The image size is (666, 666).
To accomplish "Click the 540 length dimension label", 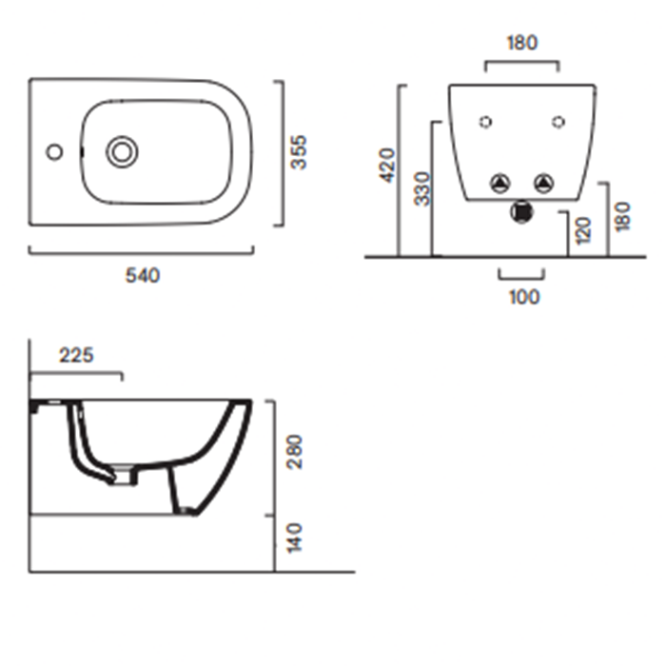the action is click(143, 276).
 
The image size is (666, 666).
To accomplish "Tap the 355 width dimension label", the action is click(299, 152).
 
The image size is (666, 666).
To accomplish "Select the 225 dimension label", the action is click(76, 355).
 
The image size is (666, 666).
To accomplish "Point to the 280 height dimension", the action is click(294, 452).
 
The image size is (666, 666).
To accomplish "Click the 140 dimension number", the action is click(294, 539).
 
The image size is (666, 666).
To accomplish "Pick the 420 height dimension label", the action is click(387, 166).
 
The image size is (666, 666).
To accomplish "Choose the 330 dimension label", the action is click(422, 188).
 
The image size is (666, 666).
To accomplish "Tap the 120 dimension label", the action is click(583, 230).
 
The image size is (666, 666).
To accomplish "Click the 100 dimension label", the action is click(524, 297).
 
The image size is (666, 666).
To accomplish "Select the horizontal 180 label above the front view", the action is click(522, 43).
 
